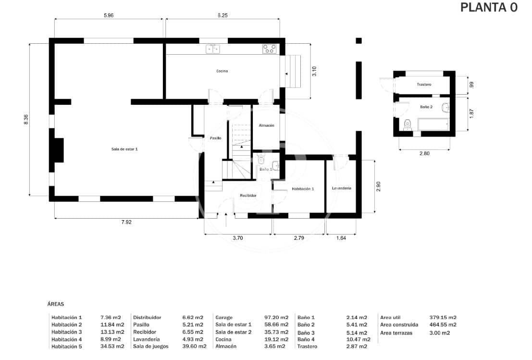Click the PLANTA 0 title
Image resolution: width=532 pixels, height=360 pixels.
point(488,8)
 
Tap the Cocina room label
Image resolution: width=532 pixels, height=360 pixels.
point(222,71)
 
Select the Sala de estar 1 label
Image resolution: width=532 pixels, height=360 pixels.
point(124,149)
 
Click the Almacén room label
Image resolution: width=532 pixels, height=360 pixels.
point(266,125)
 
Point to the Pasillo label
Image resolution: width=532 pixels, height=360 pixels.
point(215,138)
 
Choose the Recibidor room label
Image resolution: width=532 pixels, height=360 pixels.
point(248,196)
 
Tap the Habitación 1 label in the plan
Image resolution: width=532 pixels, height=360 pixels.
point(303,189)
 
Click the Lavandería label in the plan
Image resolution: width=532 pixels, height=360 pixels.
point(342,188)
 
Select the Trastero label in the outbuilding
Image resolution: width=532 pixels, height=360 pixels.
point(424,85)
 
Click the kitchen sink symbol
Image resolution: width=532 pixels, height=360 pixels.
point(213,49)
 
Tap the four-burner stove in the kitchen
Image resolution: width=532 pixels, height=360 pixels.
point(270,49)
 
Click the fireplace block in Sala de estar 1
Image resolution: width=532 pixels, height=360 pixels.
point(58,150)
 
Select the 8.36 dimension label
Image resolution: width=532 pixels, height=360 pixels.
point(26,120)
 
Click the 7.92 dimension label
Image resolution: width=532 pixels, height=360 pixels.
point(126,222)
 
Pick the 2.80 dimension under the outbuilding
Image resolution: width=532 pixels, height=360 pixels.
point(424,153)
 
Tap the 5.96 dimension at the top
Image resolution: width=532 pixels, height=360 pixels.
point(109,15)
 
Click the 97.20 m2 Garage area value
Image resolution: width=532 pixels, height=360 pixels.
point(276,318)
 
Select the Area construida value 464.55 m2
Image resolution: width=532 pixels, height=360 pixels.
point(443,325)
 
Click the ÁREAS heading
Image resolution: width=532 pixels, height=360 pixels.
point(56,304)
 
